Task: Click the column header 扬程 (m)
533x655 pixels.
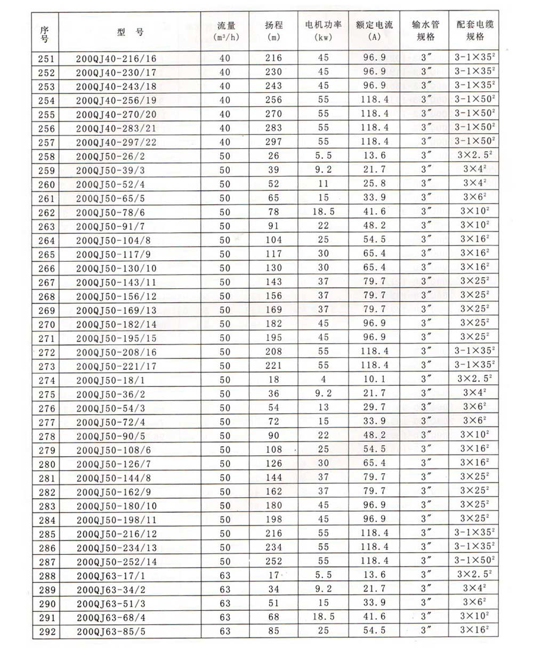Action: (x=274, y=30)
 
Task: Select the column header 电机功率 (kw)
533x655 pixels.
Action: (x=324, y=30)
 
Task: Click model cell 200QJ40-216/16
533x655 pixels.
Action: (x=116, y=58)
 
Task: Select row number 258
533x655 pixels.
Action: (x=46, y=156)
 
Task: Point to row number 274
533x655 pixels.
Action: (x=46, y=381)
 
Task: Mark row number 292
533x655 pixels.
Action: (x=46, y=632)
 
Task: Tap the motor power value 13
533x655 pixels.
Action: (x=324, y=408)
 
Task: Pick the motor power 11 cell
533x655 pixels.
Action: (x=324, y=184)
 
